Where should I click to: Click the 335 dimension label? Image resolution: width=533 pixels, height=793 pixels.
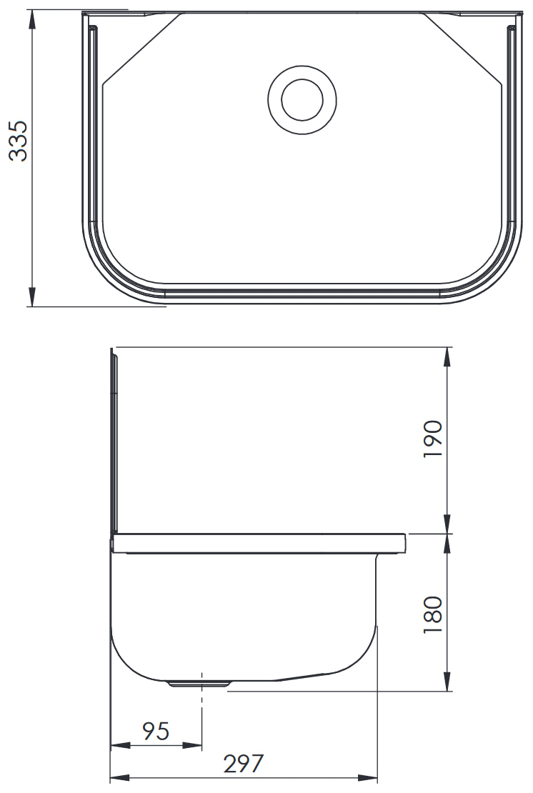19,141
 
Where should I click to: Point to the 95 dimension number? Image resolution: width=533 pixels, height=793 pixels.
156,732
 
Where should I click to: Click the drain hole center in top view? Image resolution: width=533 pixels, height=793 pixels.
302,100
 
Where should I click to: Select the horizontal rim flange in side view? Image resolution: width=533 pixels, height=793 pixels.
257,544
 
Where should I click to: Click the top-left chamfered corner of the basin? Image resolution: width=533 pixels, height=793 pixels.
140,49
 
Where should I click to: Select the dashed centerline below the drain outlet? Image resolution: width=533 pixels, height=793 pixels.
203,707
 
